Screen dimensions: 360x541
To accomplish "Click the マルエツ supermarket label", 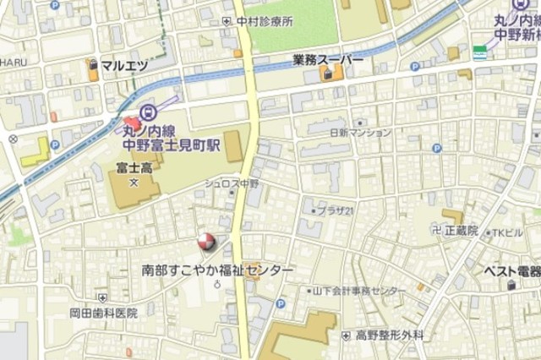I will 124,64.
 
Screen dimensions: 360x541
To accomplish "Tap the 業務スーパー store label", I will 329,61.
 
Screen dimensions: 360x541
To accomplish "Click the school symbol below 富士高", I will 133,181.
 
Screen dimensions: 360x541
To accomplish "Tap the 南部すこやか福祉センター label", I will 218,270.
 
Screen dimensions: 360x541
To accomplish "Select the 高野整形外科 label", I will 390,335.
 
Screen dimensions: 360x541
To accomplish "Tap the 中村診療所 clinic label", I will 265,21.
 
